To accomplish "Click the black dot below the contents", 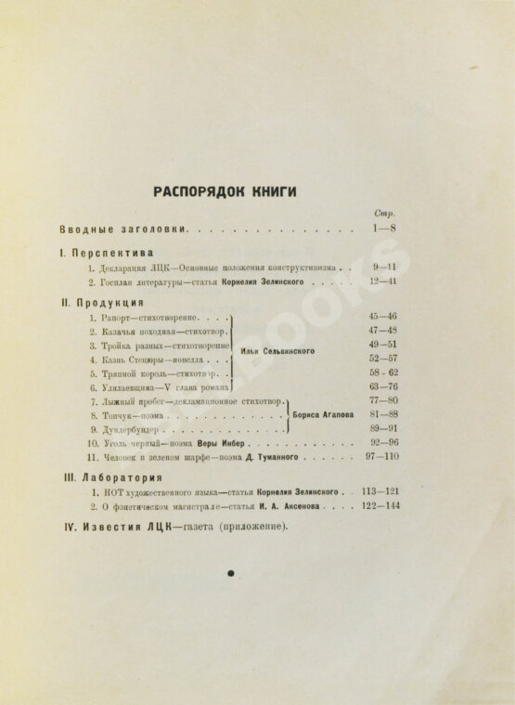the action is (230, 574).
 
